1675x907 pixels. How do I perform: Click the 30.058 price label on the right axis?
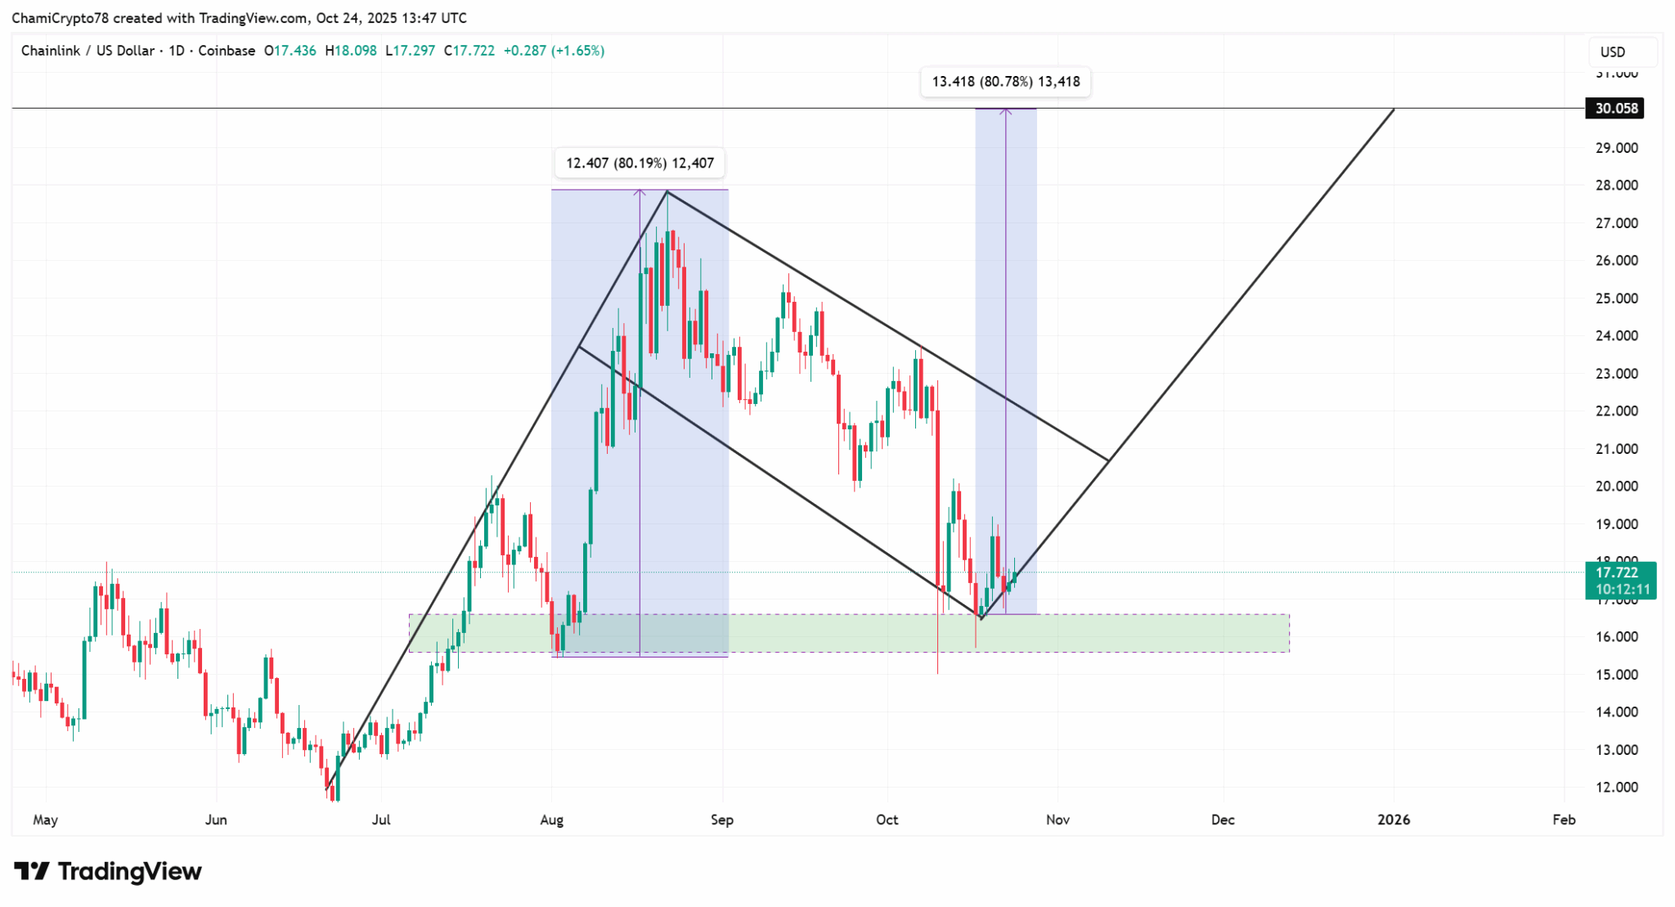pos(1615,108)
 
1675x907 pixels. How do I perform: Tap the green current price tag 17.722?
pos(1620,572)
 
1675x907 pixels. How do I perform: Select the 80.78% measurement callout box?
pos(1005,82)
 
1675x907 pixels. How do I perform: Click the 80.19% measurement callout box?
pos(640,163)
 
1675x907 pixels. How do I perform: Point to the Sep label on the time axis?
pos(722,819)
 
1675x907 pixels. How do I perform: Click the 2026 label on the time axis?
pos(1394,819)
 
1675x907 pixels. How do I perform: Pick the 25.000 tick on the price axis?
pos(1616,299)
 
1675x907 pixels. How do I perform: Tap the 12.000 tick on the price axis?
pos(1616,788)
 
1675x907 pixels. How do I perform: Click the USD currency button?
pos(1613,52)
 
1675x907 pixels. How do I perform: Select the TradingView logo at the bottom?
pos(108,872)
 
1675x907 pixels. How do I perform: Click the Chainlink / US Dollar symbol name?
pos(88,51)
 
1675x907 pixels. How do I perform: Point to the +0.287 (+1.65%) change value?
pos(554,51)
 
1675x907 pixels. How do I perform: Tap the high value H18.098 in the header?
pos(351,51)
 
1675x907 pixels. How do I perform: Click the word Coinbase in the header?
pos(227,51)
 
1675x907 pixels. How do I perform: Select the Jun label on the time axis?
pos(216,819)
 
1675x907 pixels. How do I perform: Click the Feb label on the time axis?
pos(1564,819)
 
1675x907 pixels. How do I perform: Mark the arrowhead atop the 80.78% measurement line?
pos(1006,110)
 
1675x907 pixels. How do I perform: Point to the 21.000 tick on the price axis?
pos(1616,449)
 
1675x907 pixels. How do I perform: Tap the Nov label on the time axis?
pos(1058,819)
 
